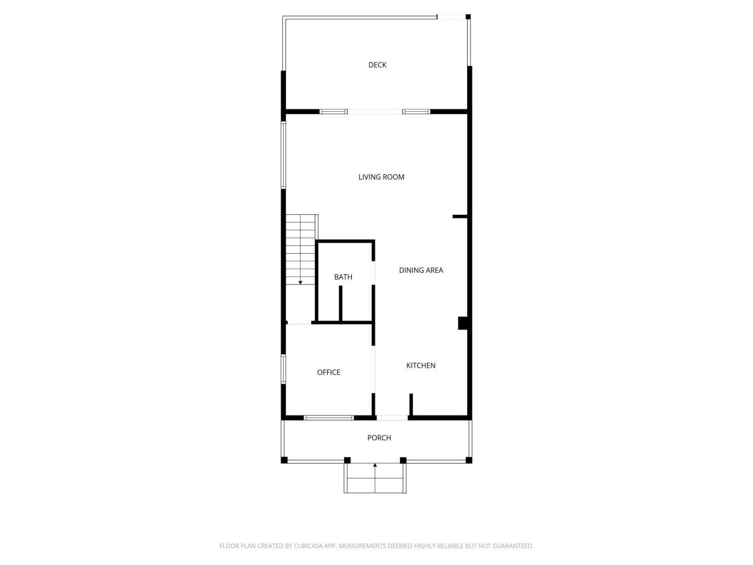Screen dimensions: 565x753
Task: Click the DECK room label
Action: [377, 65]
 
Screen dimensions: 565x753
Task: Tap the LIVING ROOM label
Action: [381, 177]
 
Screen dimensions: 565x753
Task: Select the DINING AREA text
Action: [421, 270]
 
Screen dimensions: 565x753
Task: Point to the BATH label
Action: [343, 277]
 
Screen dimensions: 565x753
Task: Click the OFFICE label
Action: [328, 372]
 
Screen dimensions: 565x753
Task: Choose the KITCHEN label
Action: [421, 365]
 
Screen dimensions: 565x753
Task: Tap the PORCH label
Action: [379, 437]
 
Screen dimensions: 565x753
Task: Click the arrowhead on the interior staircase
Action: [300, 282]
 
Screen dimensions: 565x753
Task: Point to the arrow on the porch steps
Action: [375, 466]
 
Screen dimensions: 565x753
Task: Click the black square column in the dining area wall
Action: [462, 323]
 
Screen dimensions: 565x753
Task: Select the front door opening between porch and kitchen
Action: [392, 418]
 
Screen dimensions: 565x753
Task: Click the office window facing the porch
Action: [328, 418]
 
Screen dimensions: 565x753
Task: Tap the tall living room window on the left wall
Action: [283, 155]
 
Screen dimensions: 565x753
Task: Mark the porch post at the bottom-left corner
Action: [284, 460]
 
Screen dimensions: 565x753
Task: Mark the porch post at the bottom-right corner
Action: [469, 460]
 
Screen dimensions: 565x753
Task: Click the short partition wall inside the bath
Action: [341, 304]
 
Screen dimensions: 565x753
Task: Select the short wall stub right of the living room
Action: [459, 217]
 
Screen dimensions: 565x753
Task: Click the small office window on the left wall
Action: [283, 369]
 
